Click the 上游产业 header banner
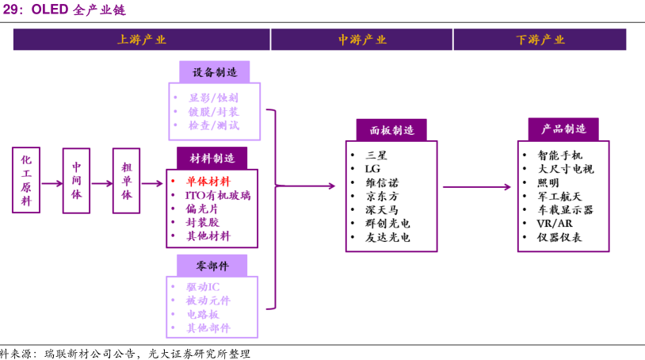click(141, 40)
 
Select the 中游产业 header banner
click(362, 40)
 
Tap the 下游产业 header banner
click(540, 40)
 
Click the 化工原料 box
click(26, 180)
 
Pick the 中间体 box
click(77, 180)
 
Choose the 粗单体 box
click(126, 180)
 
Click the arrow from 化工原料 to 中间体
click(52, 184)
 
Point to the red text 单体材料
click(208, 181)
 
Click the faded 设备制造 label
click(214, 72)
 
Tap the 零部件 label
click(212, 265)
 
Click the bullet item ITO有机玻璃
click(218, 195)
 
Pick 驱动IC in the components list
click(203, 286)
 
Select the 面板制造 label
click(391, 130)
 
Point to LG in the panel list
click(372, 169)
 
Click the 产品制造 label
click(563, 129)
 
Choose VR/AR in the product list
click(554, 224)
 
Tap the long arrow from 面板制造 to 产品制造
click(476, 187)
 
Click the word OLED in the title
click(49, 10)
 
